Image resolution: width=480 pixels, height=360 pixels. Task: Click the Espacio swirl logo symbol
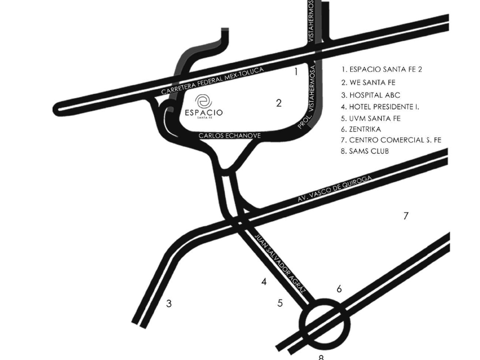203,101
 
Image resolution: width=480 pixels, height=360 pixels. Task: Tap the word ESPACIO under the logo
204,113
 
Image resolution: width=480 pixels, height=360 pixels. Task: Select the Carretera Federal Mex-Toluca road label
213,81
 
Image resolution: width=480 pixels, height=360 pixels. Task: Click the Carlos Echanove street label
230,135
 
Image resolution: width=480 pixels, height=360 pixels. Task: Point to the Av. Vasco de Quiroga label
335,189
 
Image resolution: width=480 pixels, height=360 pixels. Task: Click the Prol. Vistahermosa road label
307,97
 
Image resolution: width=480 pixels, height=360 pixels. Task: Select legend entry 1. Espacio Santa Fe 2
382,70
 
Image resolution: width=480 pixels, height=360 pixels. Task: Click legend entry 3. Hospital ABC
371,95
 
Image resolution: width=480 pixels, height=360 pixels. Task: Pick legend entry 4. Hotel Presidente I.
380,107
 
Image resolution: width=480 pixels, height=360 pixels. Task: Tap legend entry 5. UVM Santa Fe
371,118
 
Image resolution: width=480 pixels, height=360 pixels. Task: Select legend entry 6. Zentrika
361,129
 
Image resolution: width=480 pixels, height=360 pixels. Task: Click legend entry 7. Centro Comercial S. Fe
391,140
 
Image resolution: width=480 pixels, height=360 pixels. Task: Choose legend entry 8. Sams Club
365,151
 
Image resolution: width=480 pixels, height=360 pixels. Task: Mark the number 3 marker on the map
169,303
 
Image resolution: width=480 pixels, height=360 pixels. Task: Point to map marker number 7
406,216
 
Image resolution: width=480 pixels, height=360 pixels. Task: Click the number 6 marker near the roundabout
339,289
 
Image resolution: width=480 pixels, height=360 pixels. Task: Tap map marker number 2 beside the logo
279,103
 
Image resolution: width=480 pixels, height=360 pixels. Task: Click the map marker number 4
264,282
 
